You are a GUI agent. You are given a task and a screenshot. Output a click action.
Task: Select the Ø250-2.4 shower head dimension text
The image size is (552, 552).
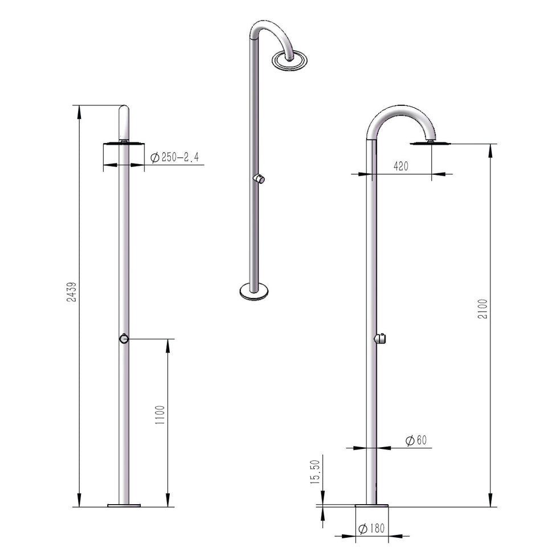coord(174,158)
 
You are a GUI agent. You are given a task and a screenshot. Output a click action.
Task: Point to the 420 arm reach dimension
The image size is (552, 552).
coord(402,166)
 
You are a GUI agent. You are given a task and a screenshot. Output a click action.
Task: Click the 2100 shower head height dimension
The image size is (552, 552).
coord(483,308)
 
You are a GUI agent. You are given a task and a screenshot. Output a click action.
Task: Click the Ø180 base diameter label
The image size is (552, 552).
coord(371,529)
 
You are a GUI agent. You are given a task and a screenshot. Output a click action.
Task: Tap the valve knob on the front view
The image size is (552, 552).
coord(124,338)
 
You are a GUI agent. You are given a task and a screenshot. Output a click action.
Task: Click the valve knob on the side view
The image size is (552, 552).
coord(381,339)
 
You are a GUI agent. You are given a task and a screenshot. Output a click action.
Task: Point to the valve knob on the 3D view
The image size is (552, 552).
coord(260,179)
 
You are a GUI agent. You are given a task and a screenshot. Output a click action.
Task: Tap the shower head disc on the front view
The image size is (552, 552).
coord(124,144)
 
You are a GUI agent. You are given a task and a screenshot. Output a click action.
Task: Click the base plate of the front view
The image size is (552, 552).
coord(124,505)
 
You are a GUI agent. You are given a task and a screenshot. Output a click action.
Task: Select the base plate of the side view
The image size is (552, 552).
coord(371,505)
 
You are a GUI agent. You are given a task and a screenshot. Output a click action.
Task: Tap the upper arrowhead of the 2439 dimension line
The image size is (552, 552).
coord(79,111)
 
